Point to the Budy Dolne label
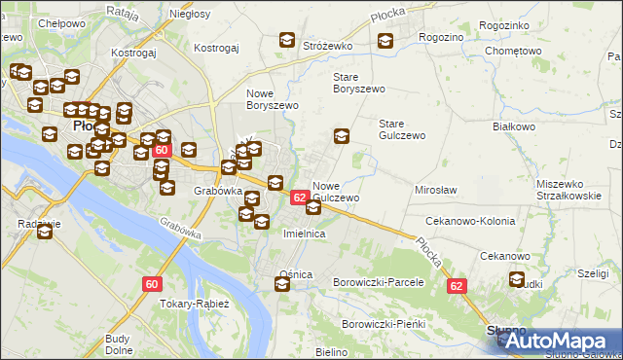click(118, 344)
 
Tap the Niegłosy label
click(190, 16)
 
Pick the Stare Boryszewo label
click(359, 82)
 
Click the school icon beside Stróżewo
click(287, 41)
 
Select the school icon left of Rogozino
click(385, 41)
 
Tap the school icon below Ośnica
click(282, 285)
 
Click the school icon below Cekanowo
click(517, 281)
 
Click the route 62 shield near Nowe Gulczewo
click(301, 198)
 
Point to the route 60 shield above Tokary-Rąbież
click(152, 283)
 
